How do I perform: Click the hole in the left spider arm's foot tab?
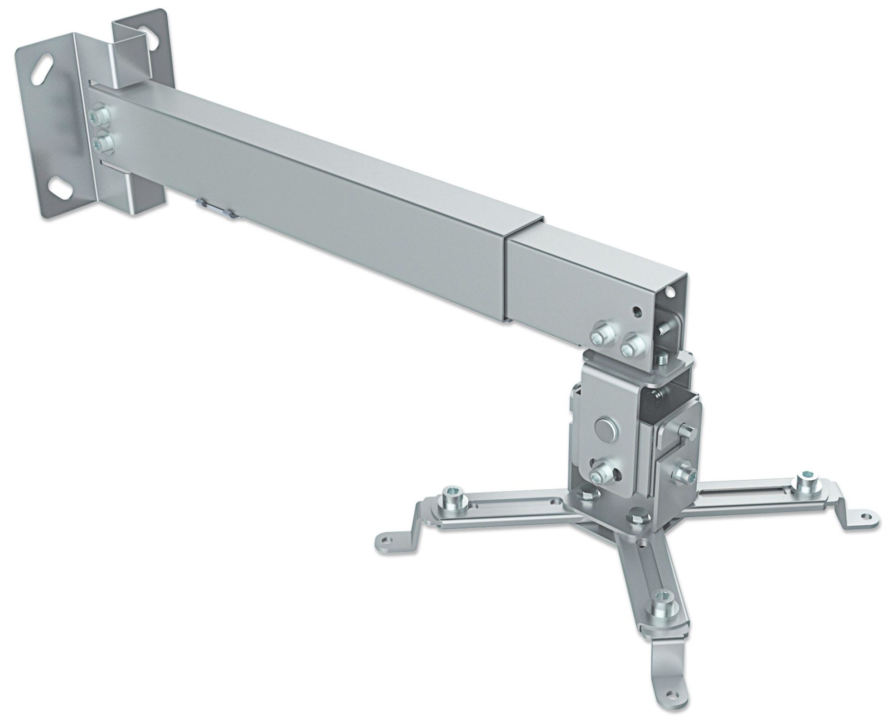point(385,540)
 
